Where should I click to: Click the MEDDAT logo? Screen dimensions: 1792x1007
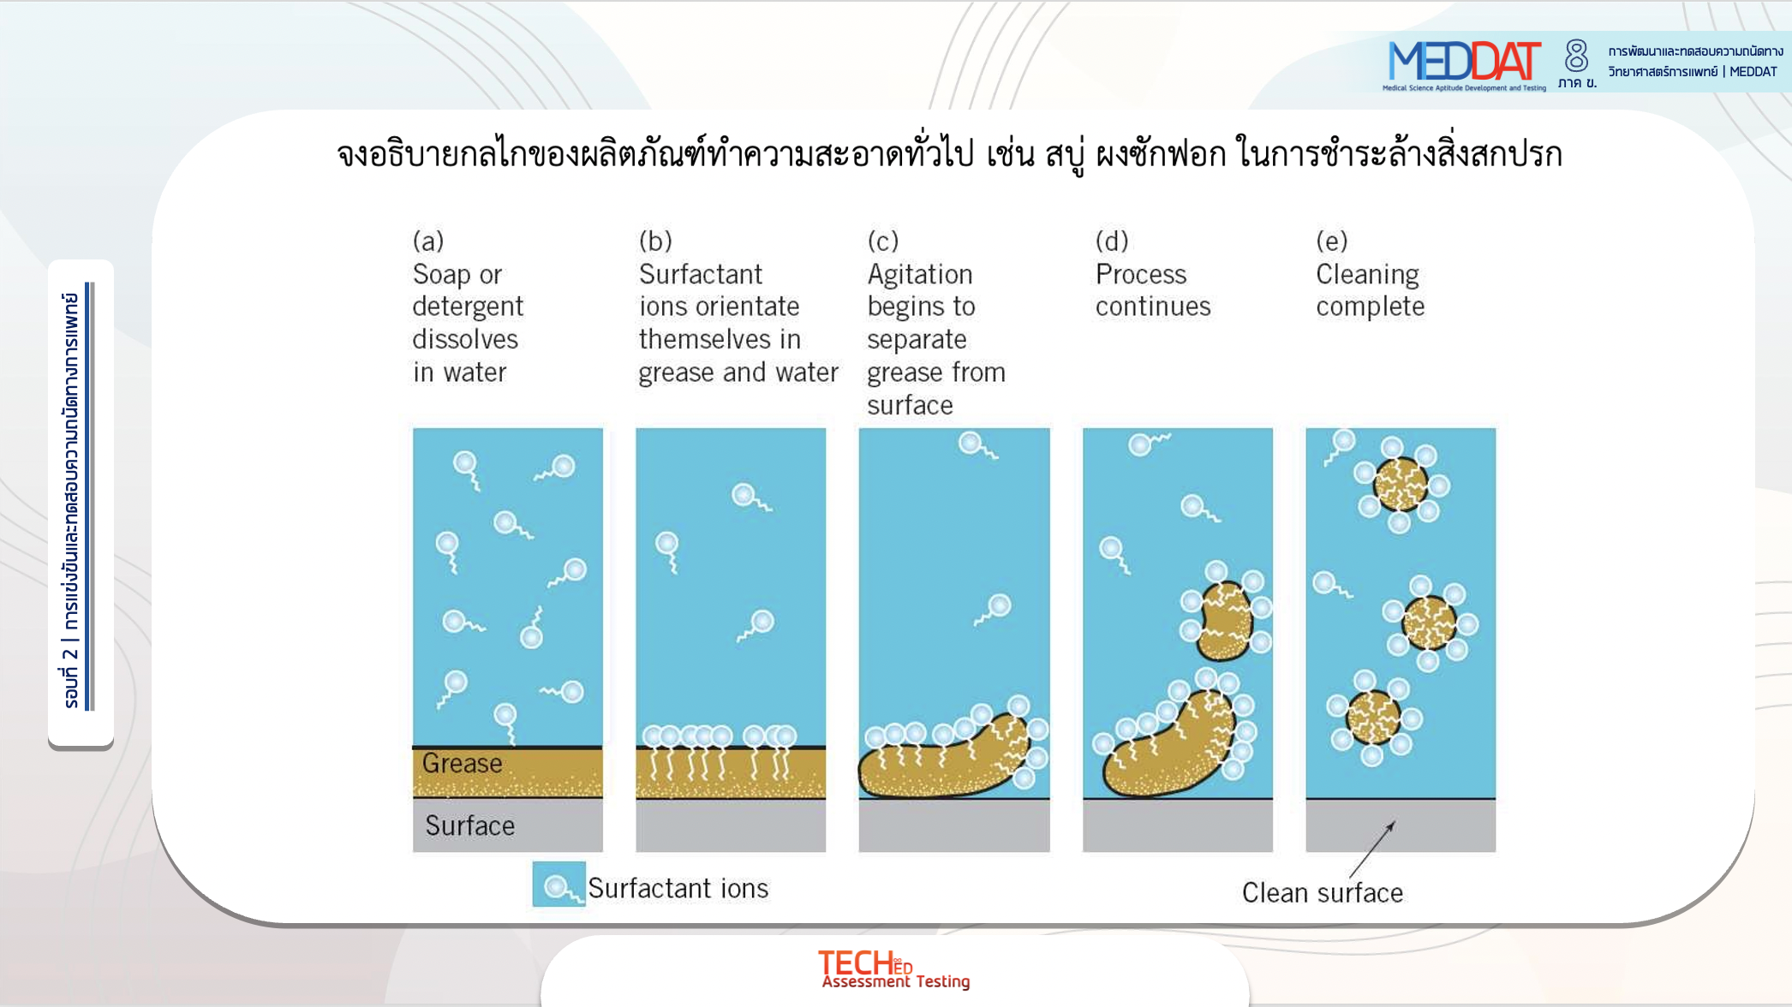point(1464,64)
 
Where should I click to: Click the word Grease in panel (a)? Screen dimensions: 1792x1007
point(462,763)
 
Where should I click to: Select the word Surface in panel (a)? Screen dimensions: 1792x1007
point(469,825)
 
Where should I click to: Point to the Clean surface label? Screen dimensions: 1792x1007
point(1323,893)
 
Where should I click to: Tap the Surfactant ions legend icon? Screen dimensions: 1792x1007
point(559,885)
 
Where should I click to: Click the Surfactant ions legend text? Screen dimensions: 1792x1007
point(678,888)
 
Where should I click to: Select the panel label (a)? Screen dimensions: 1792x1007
point(428,241)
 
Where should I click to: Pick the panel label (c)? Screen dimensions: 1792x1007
point(883,241)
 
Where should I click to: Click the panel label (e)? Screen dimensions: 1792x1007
point(1332,241)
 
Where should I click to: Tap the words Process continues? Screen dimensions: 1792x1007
point(1153,289)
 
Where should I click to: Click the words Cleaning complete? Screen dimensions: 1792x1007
point(1370,289)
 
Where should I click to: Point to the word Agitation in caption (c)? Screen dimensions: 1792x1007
point(920,275)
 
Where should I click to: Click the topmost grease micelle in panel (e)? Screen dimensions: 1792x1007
point(1401,485)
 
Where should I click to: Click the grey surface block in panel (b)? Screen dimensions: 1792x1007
point(731,825)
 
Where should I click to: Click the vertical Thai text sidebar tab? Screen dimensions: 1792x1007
point(81,503)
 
